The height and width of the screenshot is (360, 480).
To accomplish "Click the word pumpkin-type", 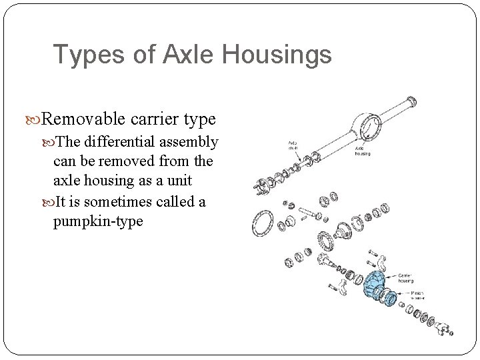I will click(x=97, y=221).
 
